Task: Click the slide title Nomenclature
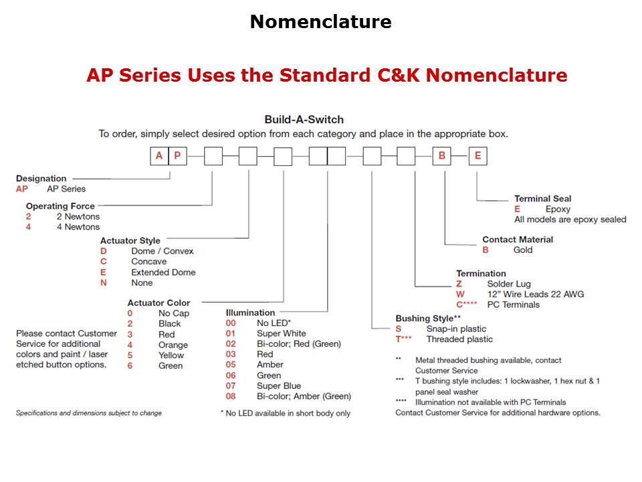[x=320, y=22]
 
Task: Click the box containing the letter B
[x=442, y=156]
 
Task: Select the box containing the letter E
[x=477, y=156]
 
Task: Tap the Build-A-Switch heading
[x=304, y=119]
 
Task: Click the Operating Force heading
[x=60, y=206]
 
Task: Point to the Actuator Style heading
[x=130, y=240]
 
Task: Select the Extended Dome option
[x=163, y=272]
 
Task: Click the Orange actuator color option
[x=173, y=345]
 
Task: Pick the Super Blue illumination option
[x=279, y=386]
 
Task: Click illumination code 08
[x=231, y=396]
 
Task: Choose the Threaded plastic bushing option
[x=459, y=339]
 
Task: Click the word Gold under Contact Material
[x=523, y=250]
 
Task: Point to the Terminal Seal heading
[x=542, y=198]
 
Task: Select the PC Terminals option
[x=513, y=305]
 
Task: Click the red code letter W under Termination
[x=460, y=295]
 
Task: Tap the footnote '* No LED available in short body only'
[x=285, y=413]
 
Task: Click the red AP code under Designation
[x=22, y=189]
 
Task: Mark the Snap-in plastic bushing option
[x=456, y=329]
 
